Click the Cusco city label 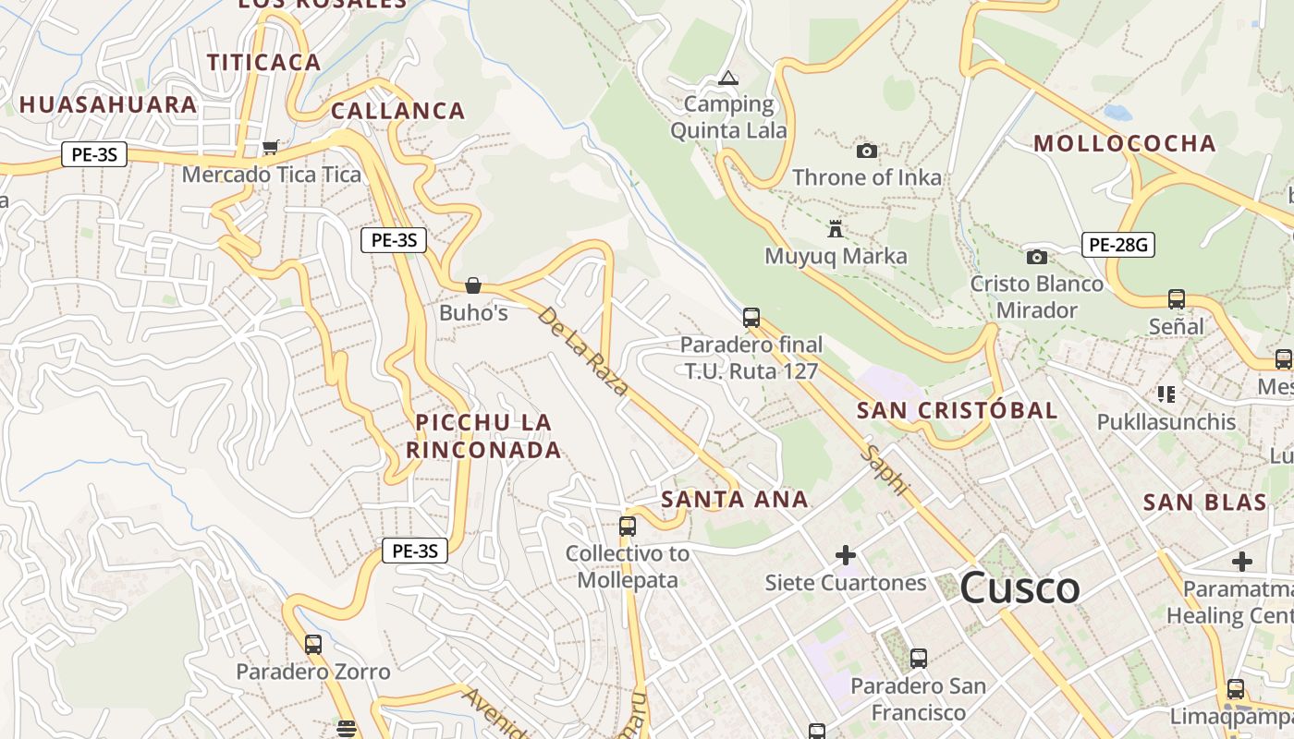(1019, 588)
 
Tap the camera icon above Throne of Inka (866, 151)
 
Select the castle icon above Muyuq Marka (836, 228)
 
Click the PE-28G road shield (1117, 245)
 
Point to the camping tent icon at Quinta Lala (728, 78)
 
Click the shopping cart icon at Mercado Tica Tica (271, 147)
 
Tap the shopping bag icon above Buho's (473, 285)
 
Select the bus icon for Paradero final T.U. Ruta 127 (751, 318)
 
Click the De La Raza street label (582, 351)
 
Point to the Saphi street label (885, 469)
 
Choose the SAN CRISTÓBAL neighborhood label (957, 410)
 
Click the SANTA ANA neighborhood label (735, 500)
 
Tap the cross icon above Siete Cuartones (845, 555)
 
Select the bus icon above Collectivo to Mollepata (628, 527)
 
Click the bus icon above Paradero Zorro (313, 644)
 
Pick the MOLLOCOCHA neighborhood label (1124, 143)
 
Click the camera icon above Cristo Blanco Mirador (1037, 257)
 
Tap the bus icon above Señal (1176, 299)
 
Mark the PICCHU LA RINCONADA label (483, 436)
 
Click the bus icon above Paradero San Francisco (918, 659)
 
